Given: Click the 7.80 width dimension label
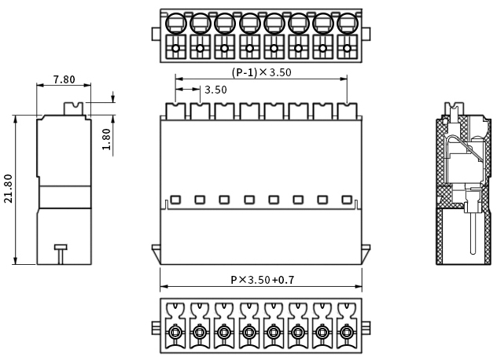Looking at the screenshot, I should point(64,79).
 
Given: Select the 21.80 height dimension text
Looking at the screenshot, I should point(9,189).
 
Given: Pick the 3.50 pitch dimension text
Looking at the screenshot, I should point(215,90).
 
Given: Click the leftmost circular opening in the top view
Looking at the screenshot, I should point(176,24).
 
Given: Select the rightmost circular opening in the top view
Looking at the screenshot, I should point(347,24).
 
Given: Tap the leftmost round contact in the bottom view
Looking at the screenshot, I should point(175,336).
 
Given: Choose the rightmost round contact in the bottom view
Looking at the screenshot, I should point(346,336).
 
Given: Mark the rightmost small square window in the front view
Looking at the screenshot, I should point(347,200).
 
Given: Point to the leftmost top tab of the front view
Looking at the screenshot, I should point(175,110).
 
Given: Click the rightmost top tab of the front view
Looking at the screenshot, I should point(347,110).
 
